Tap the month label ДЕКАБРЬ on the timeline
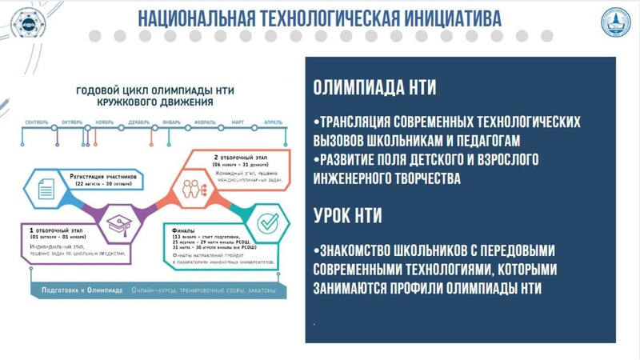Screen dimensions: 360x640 coord(138,122)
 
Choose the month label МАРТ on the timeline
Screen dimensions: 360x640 coord(238,122)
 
